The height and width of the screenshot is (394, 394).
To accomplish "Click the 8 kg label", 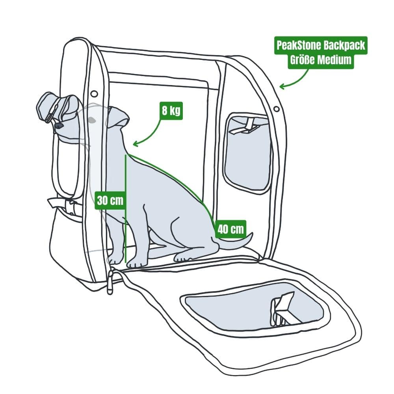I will coord(170,110).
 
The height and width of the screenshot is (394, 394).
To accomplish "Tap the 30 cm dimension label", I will coord(110,200).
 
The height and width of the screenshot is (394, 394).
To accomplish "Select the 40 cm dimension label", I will coord(230,229).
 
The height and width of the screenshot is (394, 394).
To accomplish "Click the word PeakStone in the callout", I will coord(298,45).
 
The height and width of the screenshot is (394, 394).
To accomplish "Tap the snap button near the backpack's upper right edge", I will coord(276,108).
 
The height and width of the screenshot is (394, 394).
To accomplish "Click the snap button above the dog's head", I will coord(94,93).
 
